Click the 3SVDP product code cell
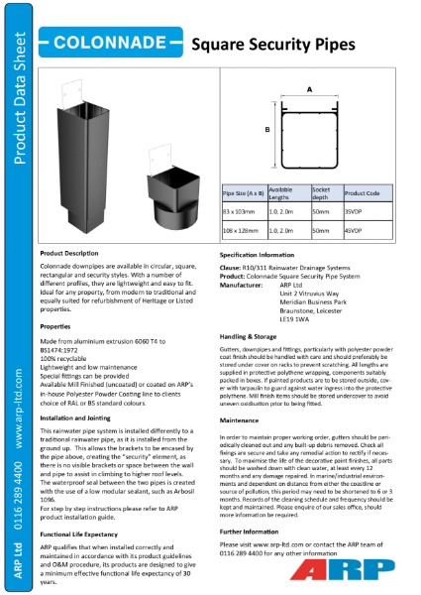pos(353,211)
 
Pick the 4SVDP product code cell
pos(353,229)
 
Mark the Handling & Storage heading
pos(249,336)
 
